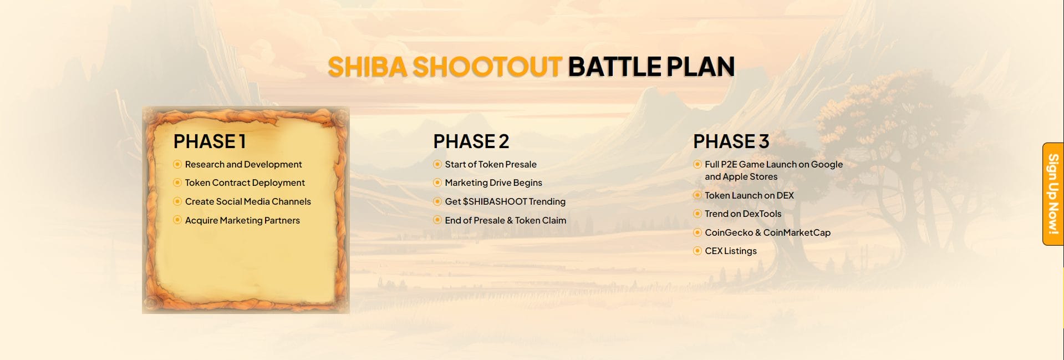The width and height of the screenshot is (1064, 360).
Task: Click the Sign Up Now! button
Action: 1053,194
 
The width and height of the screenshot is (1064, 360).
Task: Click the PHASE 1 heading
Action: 210,141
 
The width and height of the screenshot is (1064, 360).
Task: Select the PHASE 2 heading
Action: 471,141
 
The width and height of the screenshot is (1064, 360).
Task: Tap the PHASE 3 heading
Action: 731,141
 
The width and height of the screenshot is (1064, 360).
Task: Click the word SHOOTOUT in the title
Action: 487,67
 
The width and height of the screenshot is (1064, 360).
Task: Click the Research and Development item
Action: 243,164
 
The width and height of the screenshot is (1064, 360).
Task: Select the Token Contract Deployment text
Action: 245,182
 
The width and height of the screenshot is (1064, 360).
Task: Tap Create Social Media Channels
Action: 248,201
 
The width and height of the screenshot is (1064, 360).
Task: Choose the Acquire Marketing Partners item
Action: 242,220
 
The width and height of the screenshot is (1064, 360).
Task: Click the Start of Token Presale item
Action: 491,164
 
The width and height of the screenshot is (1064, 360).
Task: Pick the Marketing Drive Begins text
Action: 493,182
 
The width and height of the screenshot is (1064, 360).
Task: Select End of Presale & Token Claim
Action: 506,220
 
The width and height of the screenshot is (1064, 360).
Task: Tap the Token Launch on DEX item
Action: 749,195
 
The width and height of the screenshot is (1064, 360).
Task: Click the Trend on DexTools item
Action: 743,214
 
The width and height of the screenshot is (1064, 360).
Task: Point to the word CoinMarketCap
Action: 797,232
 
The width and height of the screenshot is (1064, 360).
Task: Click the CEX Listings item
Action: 731,251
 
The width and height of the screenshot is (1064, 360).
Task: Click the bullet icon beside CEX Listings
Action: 698,251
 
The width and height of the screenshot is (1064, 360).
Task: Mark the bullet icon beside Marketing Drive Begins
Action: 437,182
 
